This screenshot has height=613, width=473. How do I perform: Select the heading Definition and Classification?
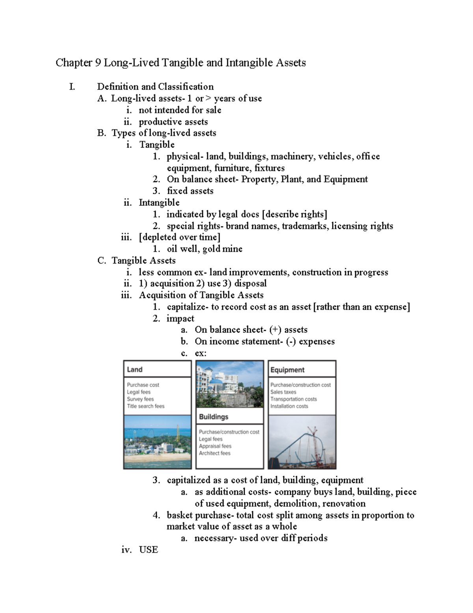coord(155,87)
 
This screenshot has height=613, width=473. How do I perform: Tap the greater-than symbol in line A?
coord(209,99)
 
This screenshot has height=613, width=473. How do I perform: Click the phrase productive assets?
coord(173,122)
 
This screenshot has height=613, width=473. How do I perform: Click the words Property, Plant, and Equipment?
coord(304,179)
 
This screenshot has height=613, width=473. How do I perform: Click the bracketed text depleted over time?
coord(179,237)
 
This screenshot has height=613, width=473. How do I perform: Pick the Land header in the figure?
coord(135,370)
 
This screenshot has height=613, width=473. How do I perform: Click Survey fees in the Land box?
coord(140,399)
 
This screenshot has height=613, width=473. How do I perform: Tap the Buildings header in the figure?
coord(214,417)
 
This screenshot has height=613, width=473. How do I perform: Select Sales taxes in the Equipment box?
coord(283,392)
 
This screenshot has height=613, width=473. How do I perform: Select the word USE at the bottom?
coord(148,550)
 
